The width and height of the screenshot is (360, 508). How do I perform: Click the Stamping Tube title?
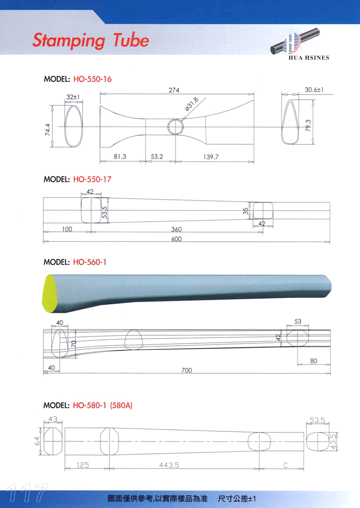90,41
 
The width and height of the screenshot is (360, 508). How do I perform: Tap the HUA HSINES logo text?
309,58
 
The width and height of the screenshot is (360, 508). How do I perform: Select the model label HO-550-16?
92,79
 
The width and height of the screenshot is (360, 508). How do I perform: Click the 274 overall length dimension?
174,90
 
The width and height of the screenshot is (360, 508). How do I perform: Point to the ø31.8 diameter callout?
191,104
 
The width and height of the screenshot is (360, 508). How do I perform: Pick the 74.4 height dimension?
48,130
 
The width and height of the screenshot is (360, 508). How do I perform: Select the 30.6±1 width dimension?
314,90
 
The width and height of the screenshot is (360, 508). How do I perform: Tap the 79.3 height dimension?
308,126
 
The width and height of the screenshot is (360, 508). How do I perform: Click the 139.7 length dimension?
211,157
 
